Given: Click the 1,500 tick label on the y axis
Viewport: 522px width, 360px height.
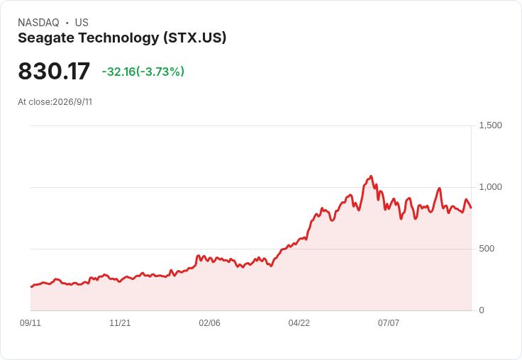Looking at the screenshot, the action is click(490, 125).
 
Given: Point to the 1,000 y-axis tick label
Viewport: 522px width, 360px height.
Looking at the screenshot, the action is click(490, 187).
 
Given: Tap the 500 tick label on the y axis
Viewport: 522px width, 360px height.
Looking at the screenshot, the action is click(487, 249).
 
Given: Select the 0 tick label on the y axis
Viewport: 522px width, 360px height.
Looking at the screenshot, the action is click(482, 310).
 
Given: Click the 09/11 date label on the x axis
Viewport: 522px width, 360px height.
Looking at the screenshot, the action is click(30, 323).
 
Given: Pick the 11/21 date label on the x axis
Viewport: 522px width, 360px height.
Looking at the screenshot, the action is click(120, 323).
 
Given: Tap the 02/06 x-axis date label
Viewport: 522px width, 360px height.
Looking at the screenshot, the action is click(209, 323).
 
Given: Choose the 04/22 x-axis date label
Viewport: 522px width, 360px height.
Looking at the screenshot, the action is click(299, 323).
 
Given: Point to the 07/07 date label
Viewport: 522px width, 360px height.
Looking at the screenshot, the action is click(389, 323).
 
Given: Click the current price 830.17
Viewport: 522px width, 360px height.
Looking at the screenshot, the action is click(54, 71).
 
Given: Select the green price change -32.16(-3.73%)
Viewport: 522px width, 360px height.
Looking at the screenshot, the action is click(143, 72).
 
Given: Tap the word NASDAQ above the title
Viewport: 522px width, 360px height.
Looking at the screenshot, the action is click(38, 23).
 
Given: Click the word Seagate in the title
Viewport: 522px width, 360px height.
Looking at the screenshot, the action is click(46, 38).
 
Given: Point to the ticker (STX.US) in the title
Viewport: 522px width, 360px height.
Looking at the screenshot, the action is click(195, 38).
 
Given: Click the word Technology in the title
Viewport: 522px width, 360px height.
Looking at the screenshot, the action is click(118, 38).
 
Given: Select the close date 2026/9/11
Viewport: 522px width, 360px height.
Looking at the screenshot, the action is click(72, 102).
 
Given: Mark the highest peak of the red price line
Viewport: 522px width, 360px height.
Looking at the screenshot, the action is click(371, 176).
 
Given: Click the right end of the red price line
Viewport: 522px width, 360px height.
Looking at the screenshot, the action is click(471, 208).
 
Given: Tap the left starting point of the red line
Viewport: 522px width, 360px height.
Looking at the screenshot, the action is click(31, 286).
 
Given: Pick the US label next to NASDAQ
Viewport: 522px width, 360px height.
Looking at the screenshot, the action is click(82, 23).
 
